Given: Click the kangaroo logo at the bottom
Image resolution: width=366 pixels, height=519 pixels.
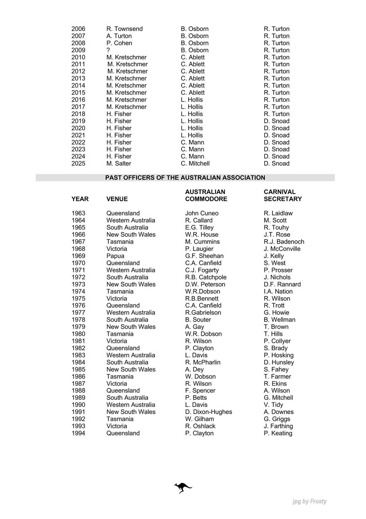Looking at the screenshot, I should coord(183,488).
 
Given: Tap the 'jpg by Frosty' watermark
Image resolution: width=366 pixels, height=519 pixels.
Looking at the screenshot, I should coord(309,501).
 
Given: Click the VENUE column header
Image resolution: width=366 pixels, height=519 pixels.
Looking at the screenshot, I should coord(117,199).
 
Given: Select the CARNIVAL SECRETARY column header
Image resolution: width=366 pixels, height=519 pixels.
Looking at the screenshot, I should coord(283,195).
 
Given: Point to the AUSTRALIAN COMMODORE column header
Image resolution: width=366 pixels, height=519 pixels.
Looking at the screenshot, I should coord(206,195).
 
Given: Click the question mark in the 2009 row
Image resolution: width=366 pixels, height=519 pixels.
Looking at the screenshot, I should coord(108,50).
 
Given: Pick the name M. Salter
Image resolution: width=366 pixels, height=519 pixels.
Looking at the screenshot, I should coord(119,164).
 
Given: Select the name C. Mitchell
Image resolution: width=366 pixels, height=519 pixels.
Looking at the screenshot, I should coord(195,164).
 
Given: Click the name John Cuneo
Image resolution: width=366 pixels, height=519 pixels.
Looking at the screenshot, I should coord(202,213).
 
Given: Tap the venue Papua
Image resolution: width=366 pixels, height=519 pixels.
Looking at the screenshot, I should coord(115,256).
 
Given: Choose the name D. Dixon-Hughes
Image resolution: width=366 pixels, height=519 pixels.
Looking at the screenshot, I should coord(208,412).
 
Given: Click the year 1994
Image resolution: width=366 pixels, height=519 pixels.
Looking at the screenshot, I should coord(78,433).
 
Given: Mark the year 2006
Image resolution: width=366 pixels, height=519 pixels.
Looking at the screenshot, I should coord(78,29).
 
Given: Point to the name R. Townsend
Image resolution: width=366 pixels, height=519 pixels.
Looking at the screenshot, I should coord(124,29).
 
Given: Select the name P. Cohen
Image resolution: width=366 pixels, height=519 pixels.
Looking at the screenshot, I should coord(119,43).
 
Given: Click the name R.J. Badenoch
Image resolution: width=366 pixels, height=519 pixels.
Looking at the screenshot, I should coord(284,242).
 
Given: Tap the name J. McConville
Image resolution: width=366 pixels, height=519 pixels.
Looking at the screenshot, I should coord(282,249).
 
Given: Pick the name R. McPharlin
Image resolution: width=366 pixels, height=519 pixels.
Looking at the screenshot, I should coord(203,362).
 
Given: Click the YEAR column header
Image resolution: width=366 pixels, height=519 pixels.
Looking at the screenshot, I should coord(80,199).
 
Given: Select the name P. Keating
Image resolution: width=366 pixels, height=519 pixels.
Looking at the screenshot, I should coord(278,433).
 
